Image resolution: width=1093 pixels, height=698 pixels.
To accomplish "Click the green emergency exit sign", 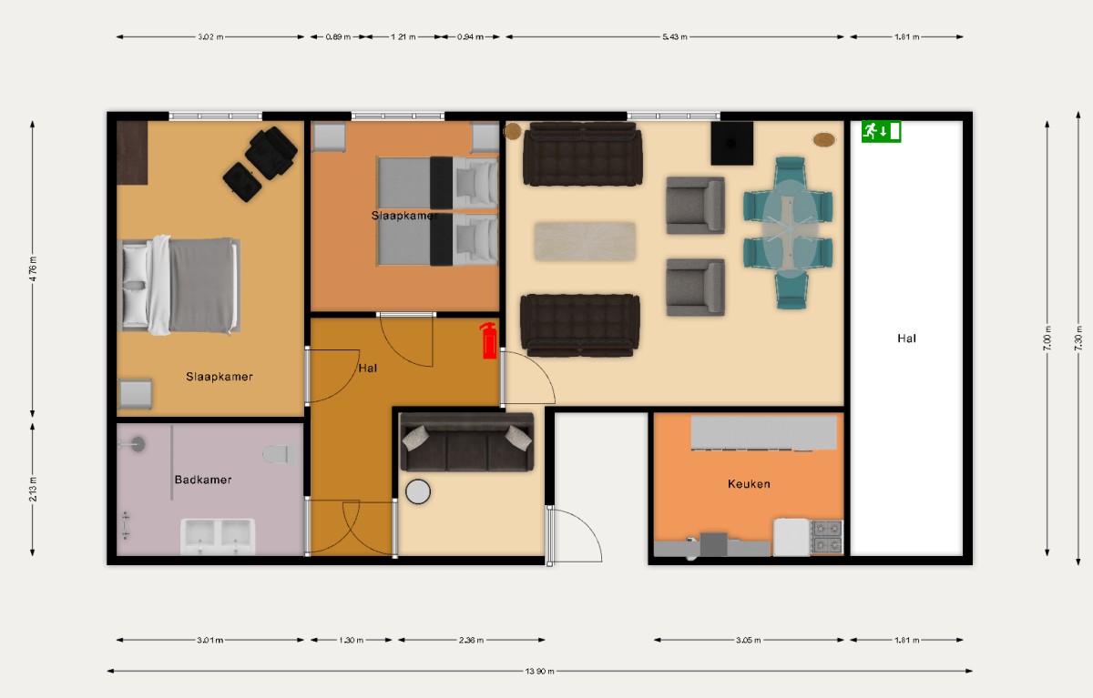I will tap(881, 131).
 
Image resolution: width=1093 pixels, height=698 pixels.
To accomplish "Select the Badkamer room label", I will tap(202, 480).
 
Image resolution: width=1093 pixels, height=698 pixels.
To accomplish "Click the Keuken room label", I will tap(749, 483).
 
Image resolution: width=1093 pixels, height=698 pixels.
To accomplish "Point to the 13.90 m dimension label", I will tap(539, 672).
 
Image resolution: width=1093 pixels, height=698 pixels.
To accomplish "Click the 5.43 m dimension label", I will tap(675, 37).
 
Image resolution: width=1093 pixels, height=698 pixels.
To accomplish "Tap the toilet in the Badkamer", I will tap(276, 452).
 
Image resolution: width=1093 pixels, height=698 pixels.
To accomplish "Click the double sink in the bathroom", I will tap(218, 535).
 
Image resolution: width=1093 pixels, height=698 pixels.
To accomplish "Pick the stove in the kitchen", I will tap(827, 537).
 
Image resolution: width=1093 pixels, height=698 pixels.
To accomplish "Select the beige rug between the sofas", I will tap(585, 240).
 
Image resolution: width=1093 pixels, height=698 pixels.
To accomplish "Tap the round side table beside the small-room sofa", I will tap(418, 491).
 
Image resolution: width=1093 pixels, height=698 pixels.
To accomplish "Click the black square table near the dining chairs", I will tap(732, 143).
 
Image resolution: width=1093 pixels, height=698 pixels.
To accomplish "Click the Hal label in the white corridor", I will tap(906, 339).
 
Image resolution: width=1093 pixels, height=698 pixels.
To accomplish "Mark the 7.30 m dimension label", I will tap(1078, 339).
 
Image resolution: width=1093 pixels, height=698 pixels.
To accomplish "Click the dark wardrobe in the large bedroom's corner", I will tap(132, 152).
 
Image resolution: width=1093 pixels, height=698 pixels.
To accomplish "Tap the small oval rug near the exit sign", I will tap(824, 139).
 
